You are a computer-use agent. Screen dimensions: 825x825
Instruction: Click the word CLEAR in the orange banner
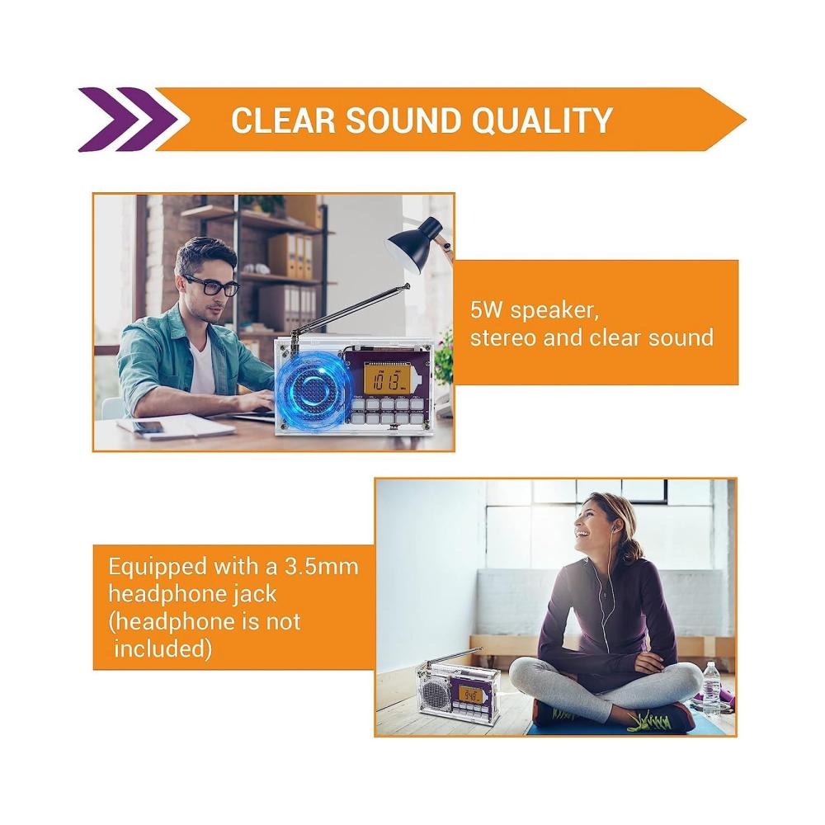(283, 120)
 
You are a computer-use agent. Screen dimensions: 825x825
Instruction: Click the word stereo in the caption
(502, 337)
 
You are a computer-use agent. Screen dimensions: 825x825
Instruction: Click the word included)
(163, 648)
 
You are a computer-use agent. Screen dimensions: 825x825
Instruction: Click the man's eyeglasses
(214, 285)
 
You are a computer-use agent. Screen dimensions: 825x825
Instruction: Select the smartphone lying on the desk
(148, 427)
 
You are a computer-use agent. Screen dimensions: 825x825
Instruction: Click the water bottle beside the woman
(711, 688)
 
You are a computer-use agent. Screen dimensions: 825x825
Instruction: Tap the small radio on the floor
(457, 689)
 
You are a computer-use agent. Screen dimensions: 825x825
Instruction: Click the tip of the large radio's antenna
(408, 285)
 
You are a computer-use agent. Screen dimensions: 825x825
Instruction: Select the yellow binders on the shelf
(298, 256)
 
